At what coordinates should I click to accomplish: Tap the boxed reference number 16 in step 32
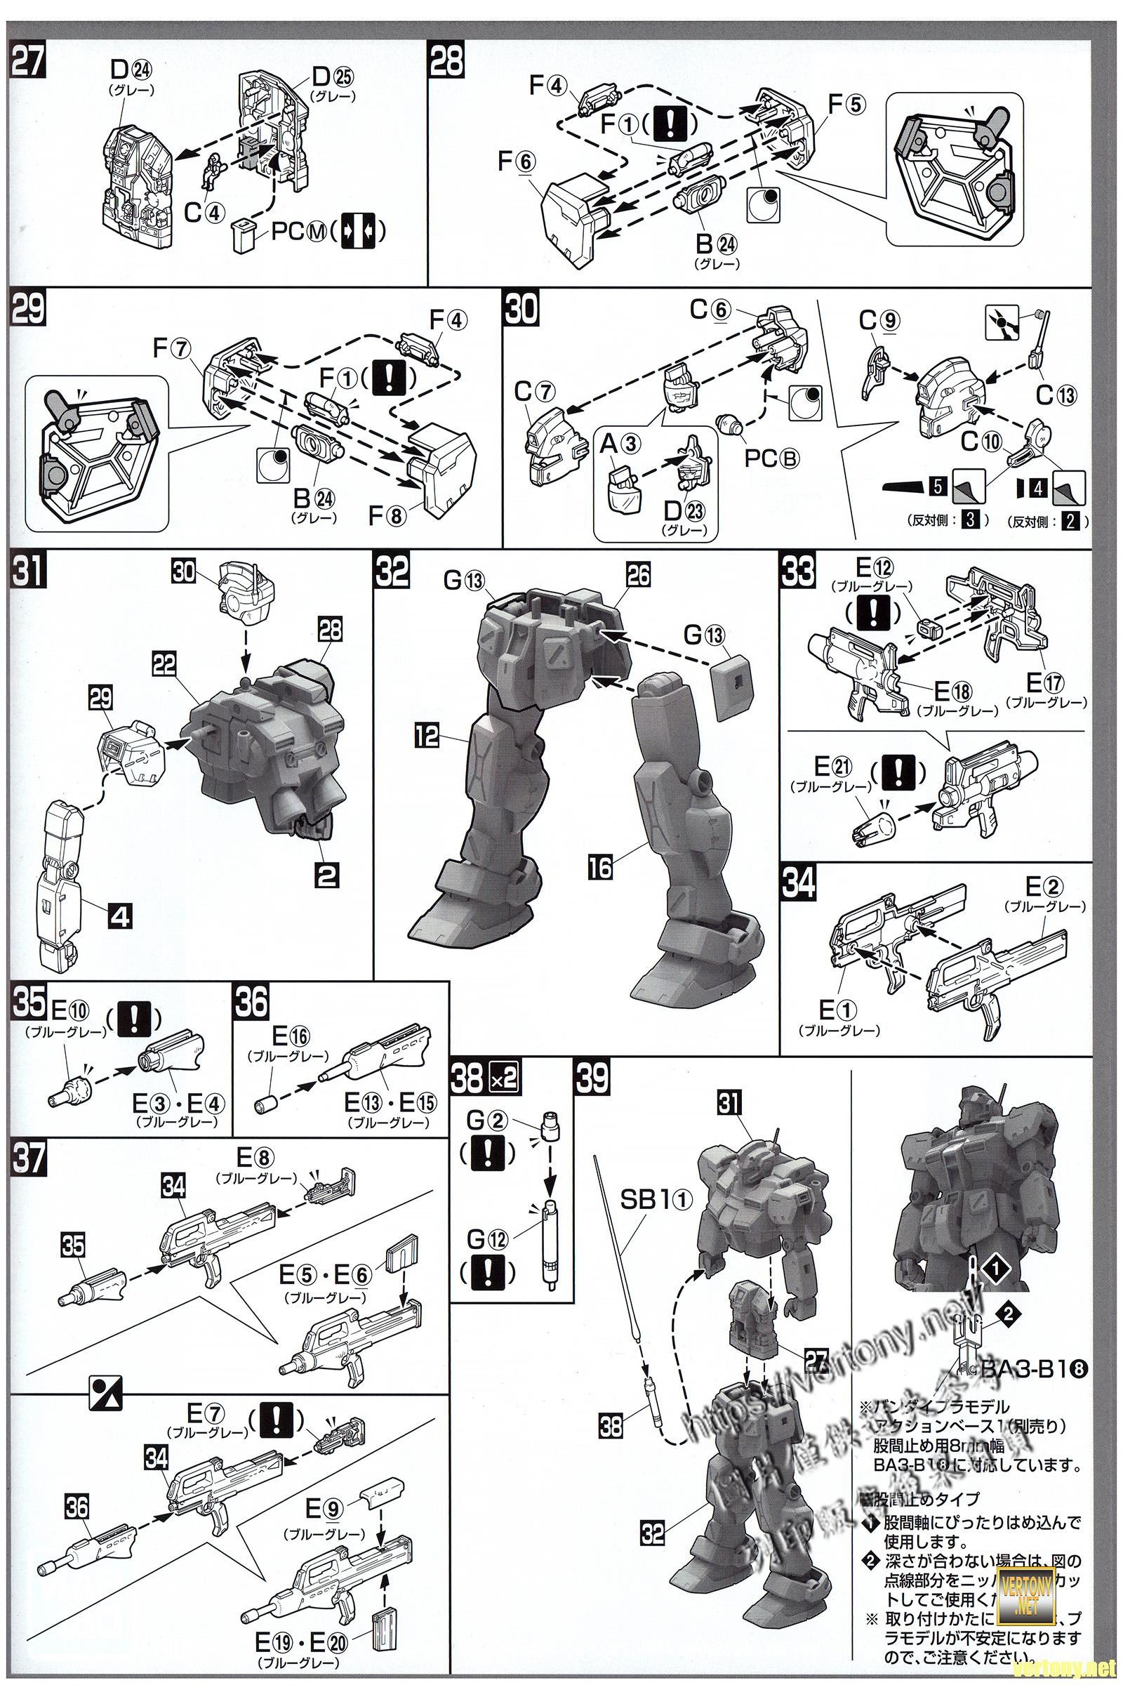pos(601,868)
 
